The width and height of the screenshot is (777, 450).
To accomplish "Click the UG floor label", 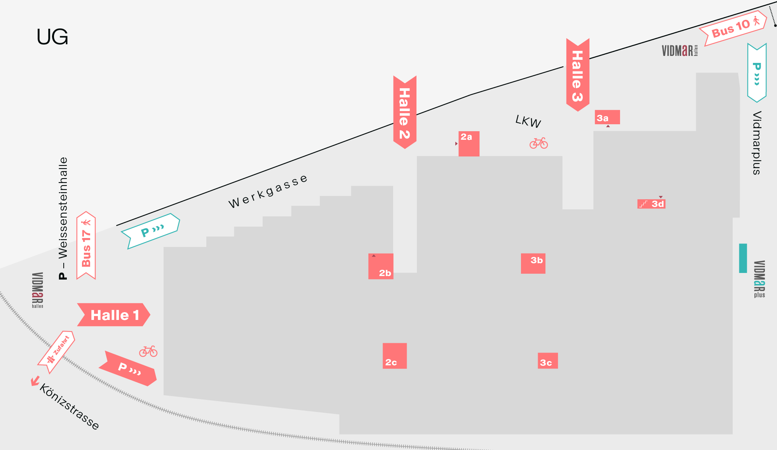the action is click(52, 37).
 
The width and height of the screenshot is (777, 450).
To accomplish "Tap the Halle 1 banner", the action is click(114, 314).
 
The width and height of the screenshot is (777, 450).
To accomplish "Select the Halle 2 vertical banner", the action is click(404, 112).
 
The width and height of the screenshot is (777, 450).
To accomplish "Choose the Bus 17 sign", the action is click(86, 246).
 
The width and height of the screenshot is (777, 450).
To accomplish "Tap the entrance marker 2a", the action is click(469, 144).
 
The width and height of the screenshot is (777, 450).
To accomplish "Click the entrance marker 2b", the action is click(381, 266).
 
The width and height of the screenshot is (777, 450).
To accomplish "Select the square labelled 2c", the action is click(394, 356).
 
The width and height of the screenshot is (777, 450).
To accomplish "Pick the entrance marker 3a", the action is click(607, 117).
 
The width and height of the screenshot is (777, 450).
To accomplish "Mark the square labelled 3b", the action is click(533, 263).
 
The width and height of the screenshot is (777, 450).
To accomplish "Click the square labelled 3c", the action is click(547, 361).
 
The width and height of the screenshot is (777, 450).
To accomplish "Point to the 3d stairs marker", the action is click(652, 204).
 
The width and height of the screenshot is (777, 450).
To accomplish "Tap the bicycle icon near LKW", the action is click(538, 143).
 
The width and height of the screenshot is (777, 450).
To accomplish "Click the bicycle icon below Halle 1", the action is click(148, 351).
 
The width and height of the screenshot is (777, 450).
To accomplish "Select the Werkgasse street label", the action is click(268, 191).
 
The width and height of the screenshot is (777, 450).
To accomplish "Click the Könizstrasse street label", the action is click(69, 407).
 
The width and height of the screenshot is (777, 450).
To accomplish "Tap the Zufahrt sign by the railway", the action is click(57, 352).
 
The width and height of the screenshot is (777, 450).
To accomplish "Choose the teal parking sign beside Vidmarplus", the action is click(757, 73).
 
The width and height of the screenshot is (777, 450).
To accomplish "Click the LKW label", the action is click(528, 122).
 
